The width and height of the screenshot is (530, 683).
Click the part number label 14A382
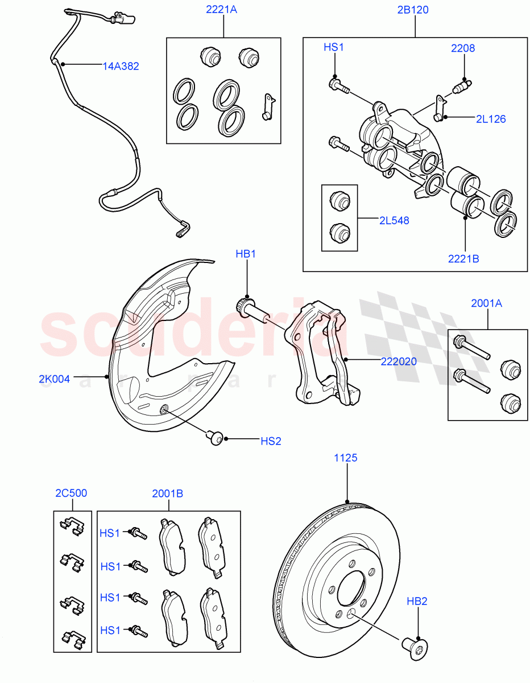point(121,66)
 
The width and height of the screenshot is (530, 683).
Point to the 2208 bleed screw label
point(463,48)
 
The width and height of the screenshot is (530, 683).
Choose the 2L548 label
point(395,220)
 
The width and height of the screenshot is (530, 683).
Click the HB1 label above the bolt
point(246,254)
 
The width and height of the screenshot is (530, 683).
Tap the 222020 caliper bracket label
point(399,361)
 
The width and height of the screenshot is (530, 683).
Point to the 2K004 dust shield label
point(55,378)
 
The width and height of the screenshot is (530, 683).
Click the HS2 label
point(271,441)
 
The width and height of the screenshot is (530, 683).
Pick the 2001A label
point(486,303)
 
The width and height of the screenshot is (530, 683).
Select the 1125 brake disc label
point(346,458)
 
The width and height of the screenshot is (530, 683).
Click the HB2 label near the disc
point(417,601)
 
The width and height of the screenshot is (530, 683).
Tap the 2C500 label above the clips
point(71,493)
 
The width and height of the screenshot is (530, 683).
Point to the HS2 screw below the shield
point(215,437)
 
